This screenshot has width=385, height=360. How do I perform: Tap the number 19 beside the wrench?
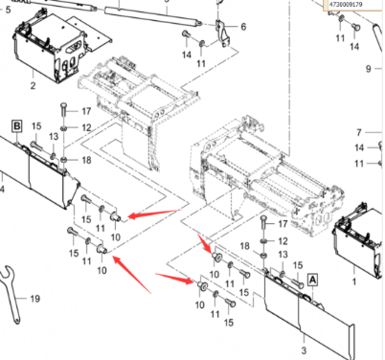pyautogui.click(x=35, y=299)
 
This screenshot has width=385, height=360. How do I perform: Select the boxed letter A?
pyautogui.click(x=312, y=280)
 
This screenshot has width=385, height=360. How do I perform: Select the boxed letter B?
pyautogui.click(x=17, y=126)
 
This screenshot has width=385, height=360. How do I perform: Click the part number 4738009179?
pyautogui.click(x=347, y=4)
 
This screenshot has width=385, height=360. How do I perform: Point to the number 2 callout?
pyautogui.click(x=33, y=85)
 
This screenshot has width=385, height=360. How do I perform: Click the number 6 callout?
pyautogui.click(x=243, y=27)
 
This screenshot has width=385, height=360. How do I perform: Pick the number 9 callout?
pyautogui.click(x=369, y=68)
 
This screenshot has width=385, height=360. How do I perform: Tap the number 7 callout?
pyautogui.click(x=359, y=132)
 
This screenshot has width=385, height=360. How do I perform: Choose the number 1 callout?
pyautogui.click(x=354, y=281)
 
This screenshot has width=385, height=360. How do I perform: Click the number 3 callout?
pyautogui.click(x=304, y=350)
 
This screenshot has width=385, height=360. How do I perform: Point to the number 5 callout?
pyautogui.click(x=8, y=10)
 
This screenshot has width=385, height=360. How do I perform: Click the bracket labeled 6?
pyautogui.click(x=223, y=34)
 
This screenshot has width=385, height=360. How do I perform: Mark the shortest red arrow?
pyautogui.click(x=205, y=243)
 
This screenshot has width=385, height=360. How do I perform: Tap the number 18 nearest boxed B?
pyautogui.click(x=87, y=160)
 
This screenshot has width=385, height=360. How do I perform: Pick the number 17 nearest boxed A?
pyautogui.click(x=283, y=224)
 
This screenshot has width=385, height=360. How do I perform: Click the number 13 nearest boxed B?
pyautogui.click(x=54, y=137)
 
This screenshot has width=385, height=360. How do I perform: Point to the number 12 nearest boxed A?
pyautogui.click(x=283, y=241)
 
